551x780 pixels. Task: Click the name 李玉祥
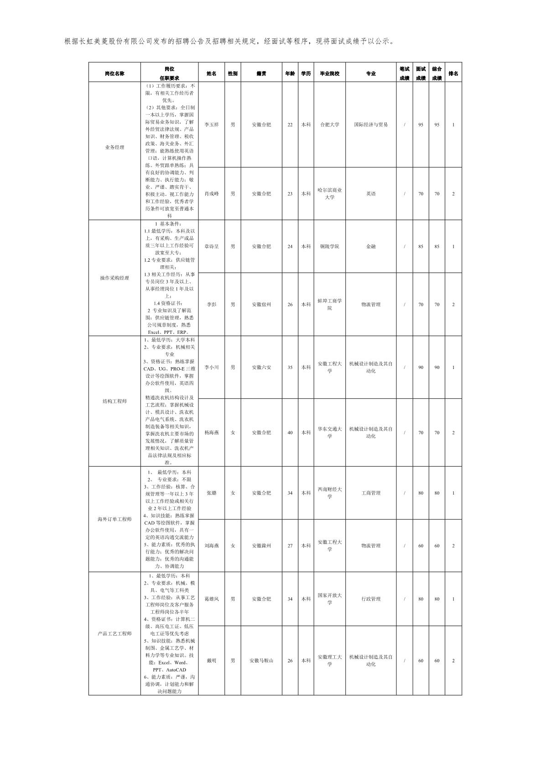tap(211, 125)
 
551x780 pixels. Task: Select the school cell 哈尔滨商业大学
tap(329, 194)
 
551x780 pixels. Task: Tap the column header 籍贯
tap(261, 74)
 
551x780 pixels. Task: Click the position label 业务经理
tap(114, 148)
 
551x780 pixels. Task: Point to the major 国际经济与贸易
tap(370, 125)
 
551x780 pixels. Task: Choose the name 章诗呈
tap(211, 247)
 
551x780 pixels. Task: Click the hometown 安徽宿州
tap(261, 305)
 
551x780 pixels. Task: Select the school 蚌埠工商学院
tap(329, 305)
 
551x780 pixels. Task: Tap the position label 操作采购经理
tap(114, 278)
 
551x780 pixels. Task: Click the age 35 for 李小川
tap(290, 367)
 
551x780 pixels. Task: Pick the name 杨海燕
tap(211, 432)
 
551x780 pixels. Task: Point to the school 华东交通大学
tap(329, 432)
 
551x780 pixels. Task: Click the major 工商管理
tap(370, 493)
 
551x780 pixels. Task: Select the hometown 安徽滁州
tap(261, 546)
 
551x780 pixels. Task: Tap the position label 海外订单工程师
tap(114, 519)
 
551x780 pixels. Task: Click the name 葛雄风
tap(211, 599)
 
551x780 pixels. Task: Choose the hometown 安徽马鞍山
tap(261, 661)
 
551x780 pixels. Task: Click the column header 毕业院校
tap(329, 74)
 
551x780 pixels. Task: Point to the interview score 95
tap(421, 125)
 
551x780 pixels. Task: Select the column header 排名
tap(453, 74)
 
